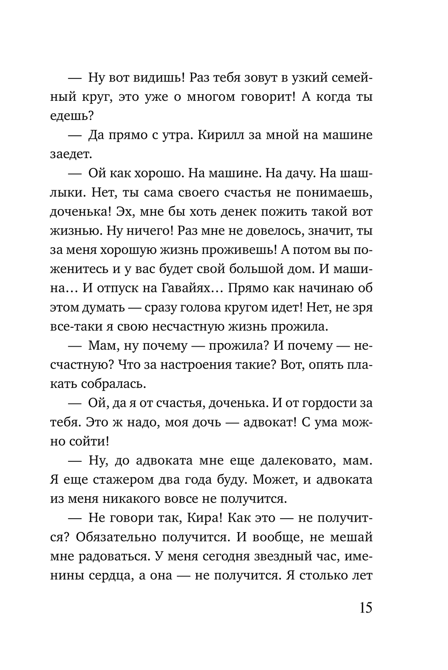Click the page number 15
[365, 608]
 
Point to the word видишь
[160, 77]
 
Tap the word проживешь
[237, 250]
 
